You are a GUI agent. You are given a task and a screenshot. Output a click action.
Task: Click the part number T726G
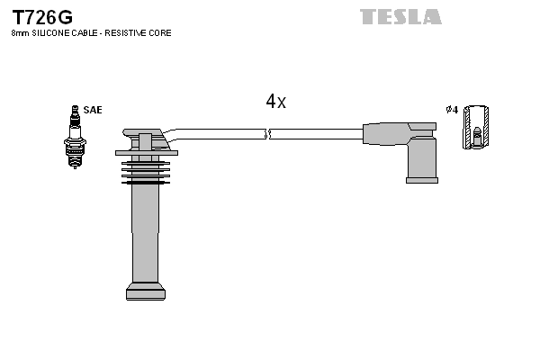[x=41, y=17]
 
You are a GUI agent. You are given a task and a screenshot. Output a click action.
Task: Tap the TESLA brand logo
[x=400, y=17]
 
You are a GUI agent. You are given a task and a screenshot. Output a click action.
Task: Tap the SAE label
[x=93, y=110]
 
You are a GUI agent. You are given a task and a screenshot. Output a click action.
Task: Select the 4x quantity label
[x=275, y=103]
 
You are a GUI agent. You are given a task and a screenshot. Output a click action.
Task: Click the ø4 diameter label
[x=452, y=110]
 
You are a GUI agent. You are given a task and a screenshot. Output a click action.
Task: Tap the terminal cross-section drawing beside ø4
[x=476, y=127]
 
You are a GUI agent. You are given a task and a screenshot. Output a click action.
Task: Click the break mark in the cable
[x=267, y=134]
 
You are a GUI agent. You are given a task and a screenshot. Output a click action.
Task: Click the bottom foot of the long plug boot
[x=146, y=292]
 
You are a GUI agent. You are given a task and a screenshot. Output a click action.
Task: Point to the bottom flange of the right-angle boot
[x=421, y=180]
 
